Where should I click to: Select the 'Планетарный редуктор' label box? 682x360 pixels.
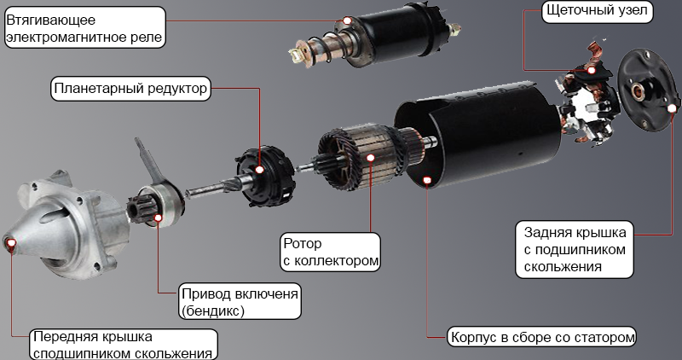(x=130, y=89)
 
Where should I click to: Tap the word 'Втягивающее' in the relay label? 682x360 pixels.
(x=50, y=20)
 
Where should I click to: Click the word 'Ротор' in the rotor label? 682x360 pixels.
(x=303, y=243)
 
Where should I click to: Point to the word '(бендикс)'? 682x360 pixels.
(x=212, y=311)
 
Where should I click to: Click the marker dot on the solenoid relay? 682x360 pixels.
(x=347, y=20)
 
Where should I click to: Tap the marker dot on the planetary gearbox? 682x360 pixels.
(x=260, y=170)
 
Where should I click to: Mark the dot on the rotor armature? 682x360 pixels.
(x=371, y=158)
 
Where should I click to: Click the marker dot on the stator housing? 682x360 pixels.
(x=427, y=180)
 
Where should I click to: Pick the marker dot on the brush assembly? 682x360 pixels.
(x=591, y=70)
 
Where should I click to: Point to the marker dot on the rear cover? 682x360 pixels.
(x=672, y=108)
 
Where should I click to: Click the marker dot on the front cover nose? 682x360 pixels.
(x=11, y=242)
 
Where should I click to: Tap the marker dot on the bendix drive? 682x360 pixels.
(x=159, y=218)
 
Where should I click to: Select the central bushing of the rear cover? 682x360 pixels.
(x=639, y=92)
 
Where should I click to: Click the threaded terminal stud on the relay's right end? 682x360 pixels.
(x=454, y=30)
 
